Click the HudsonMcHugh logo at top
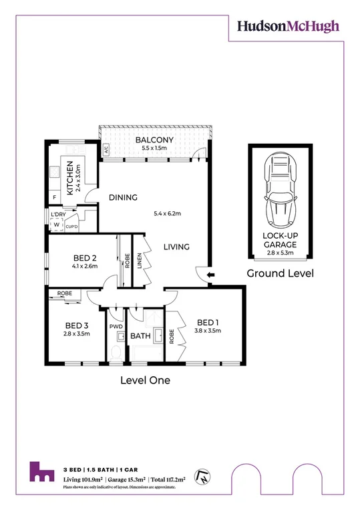[x=288, y=26]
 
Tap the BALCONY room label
[x=154, y=140]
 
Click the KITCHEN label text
[x=69, y=179]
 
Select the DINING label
[x=124, y=197]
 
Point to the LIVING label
[x=176, y=247]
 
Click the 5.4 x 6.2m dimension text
[x=168, y=214]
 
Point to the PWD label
[x=116, y=328]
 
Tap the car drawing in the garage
[x=279, y=190]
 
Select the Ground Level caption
[x=281, y=273]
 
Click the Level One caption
[x=145, y=380]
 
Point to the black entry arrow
[x=210, y=274]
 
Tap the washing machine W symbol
[x=56, y=225]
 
